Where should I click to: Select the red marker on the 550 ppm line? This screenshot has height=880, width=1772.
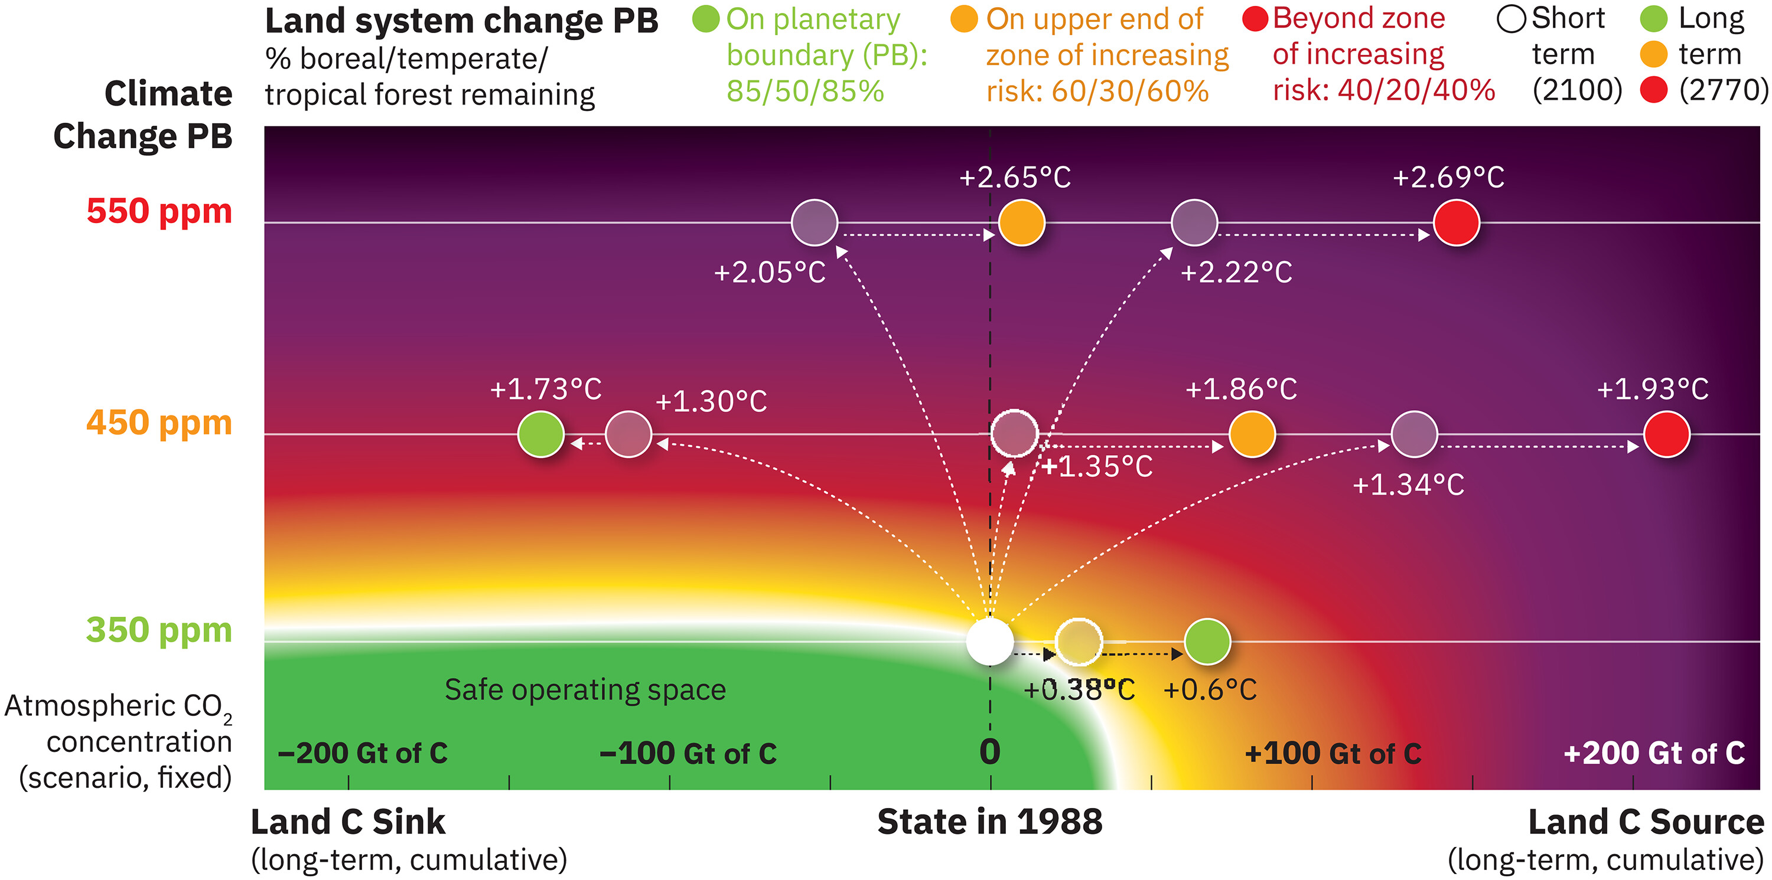point(1456,223)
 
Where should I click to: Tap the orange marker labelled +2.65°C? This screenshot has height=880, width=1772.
point(1021,223)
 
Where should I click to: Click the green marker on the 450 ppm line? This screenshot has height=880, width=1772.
point(540,434)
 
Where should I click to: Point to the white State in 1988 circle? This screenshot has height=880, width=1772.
point(990,642)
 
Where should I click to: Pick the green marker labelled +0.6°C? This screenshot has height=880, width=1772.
point(1207,642)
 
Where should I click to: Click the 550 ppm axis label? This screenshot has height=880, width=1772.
point(159,211)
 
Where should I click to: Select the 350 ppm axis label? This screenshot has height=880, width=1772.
point(159,630)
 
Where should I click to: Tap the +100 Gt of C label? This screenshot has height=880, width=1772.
point(1333,754)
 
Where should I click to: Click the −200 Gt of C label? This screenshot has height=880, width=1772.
point(363,754)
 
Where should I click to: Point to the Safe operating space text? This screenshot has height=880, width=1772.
point(585,689)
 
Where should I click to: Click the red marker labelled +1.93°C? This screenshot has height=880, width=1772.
point(1666,434)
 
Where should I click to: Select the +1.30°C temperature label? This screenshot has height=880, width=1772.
point(711,401)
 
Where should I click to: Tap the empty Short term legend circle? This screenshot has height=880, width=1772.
point(1512,19)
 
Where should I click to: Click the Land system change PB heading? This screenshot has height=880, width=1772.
point(461,21)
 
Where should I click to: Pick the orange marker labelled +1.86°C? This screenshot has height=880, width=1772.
point(1252,434)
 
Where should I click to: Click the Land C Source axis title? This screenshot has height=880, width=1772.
point(1646,822)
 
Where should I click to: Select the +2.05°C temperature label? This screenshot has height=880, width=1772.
point(769,273)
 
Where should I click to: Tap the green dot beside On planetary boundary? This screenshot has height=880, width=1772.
point(706,19)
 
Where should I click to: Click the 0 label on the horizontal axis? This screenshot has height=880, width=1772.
point(990,751)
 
